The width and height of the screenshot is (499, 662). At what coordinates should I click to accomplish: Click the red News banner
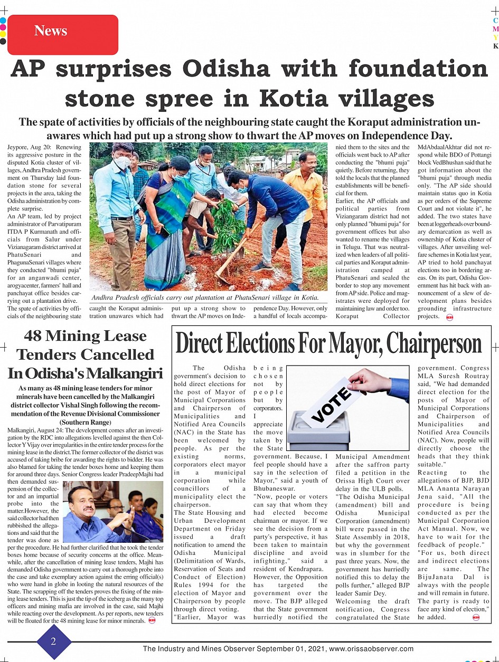click(62, 34)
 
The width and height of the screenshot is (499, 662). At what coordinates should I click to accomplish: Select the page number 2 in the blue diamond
click(53, 641)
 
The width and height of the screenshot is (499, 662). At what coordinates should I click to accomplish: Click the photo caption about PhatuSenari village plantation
click(205, 298)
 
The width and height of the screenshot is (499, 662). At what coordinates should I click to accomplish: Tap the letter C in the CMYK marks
click(495, 21)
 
